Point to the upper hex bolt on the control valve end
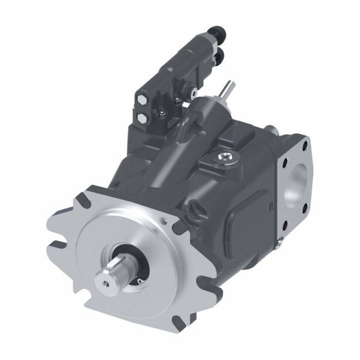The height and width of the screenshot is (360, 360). [141, 98]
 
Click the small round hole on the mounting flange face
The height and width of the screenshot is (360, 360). [164, 222]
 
